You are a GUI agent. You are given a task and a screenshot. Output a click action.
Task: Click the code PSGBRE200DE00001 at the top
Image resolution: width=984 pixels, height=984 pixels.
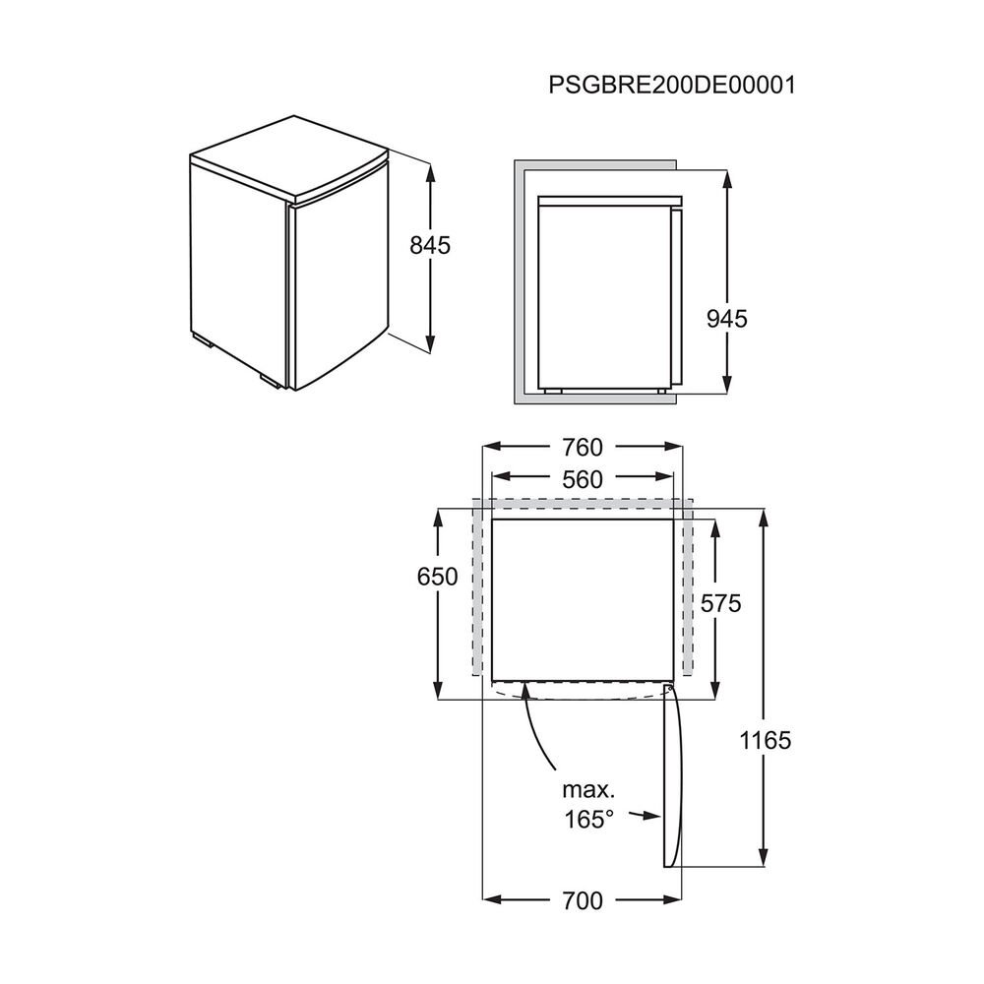[672, 84]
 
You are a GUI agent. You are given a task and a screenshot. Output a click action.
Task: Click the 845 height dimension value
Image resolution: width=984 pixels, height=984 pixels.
[430, 246]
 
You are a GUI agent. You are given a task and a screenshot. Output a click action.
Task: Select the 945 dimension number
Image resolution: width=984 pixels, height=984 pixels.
[727, 318]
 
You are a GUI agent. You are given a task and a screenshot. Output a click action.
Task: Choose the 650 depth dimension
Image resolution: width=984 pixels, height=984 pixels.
[438, 577]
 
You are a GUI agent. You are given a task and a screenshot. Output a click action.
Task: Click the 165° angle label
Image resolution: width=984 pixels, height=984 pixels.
[589, 819]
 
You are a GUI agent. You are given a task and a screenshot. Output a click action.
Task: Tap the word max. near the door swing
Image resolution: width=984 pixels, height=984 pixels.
[588, 790]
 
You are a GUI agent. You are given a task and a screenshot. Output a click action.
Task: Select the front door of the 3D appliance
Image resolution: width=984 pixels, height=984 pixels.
[335, 285]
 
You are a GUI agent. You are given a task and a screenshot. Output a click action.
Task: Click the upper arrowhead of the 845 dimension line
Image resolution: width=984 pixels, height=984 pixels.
[430, 168]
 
